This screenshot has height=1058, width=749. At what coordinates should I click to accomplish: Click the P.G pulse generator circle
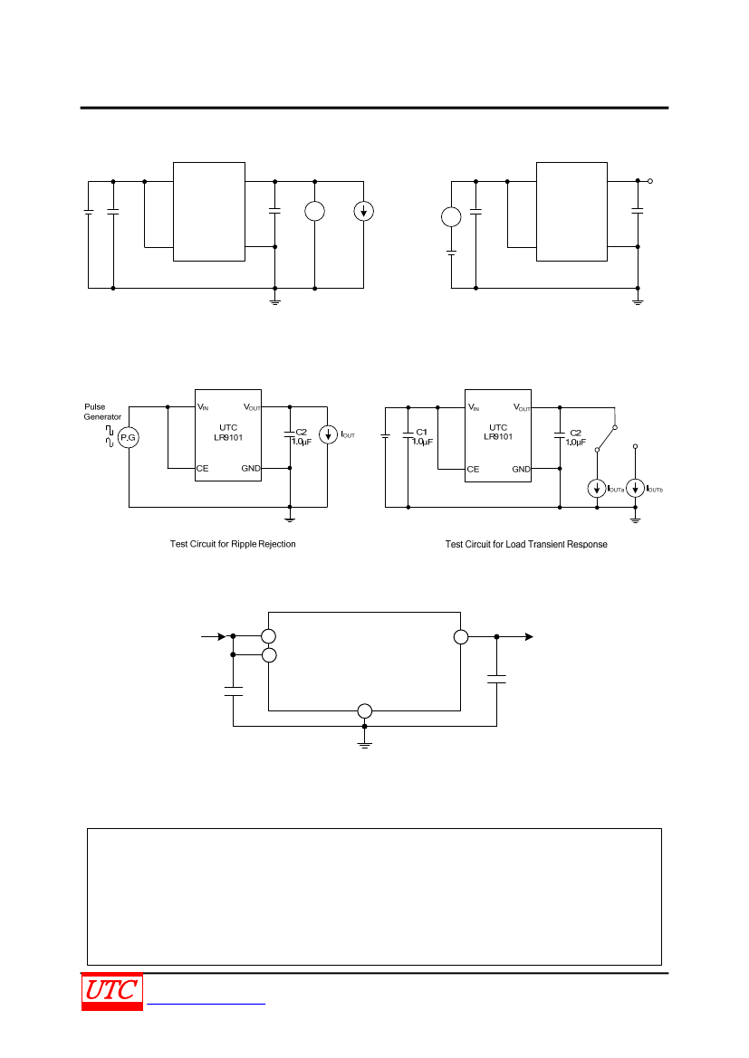(129, 438)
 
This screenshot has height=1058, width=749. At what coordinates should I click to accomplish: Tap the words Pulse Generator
(102, 412)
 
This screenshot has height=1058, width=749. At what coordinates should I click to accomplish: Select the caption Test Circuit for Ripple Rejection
(233, 544)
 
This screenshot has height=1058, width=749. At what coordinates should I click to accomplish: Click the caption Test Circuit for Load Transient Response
(526, 545)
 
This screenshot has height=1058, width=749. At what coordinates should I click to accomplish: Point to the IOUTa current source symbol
(596, 488)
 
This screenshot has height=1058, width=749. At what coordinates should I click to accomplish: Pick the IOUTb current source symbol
(635, 488)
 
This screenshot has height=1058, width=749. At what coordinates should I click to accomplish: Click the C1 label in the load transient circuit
(421, 432)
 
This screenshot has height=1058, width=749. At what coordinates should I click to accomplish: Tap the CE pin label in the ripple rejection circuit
(203, 468)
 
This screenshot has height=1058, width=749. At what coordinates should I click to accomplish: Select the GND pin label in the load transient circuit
(521, 469)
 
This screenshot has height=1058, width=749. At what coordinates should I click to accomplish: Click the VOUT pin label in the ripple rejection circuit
(251, 407)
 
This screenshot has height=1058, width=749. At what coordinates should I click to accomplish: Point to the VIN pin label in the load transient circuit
(474, 407)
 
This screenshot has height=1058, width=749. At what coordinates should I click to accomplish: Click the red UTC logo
(112, 992)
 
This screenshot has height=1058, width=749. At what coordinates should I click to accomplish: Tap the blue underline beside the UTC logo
(206, 1005)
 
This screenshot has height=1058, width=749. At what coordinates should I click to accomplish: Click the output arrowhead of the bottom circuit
(530, 636)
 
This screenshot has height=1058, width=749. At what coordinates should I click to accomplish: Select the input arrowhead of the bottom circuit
(222, 636)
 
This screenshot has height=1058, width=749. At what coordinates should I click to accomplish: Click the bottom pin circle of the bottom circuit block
(365, 710)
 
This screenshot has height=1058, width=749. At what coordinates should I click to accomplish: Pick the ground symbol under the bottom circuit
(365, 744)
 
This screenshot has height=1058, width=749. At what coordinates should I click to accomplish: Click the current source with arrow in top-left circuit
(363, 211)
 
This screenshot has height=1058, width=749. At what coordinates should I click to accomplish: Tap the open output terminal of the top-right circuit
(649, 181)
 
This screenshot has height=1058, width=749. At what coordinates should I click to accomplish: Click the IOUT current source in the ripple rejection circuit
(328, 434)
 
